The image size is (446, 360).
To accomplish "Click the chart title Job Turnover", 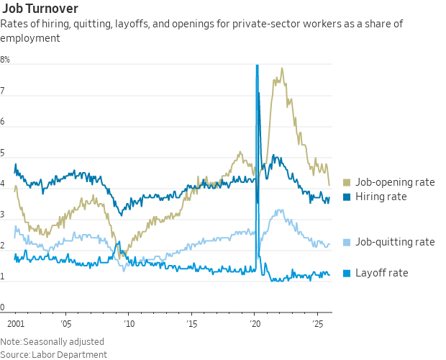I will coord(40,9).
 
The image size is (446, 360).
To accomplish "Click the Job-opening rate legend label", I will coord(395,182).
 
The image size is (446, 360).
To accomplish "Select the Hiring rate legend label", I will coord(381,197).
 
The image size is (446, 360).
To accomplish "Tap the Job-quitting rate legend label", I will coord(395,242).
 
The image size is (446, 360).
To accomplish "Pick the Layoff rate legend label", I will coord(381,273).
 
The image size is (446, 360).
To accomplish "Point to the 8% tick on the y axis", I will coord(5,60).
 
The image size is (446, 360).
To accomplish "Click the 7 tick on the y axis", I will coord(3,91).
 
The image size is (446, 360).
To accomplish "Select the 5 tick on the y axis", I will coord(3,153).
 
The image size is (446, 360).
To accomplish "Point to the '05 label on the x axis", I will coord(65,325).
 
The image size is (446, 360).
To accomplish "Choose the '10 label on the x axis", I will coord(128,325).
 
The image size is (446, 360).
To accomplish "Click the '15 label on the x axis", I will coord(191,325).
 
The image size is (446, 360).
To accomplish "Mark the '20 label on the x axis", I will coord(254,325).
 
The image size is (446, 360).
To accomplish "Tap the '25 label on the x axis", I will coord(317,325).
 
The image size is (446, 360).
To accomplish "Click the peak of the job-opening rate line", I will coord(282,69).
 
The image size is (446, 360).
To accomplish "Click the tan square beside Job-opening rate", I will coord(347,182).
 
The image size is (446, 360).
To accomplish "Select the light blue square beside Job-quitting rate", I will coord(347,242).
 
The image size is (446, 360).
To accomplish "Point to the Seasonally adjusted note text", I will coord(64,341).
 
